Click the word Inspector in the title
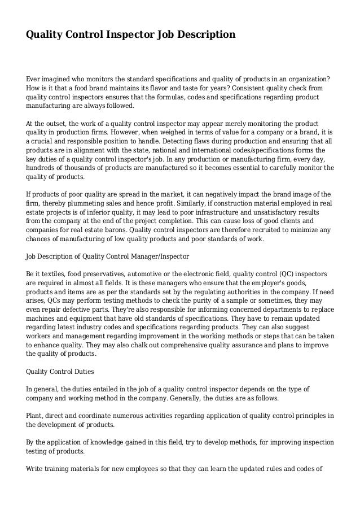pos(128,35)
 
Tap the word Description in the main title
pos(205,35)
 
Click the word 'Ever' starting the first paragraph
pos(34,78)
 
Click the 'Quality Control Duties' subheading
pos(63,372)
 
